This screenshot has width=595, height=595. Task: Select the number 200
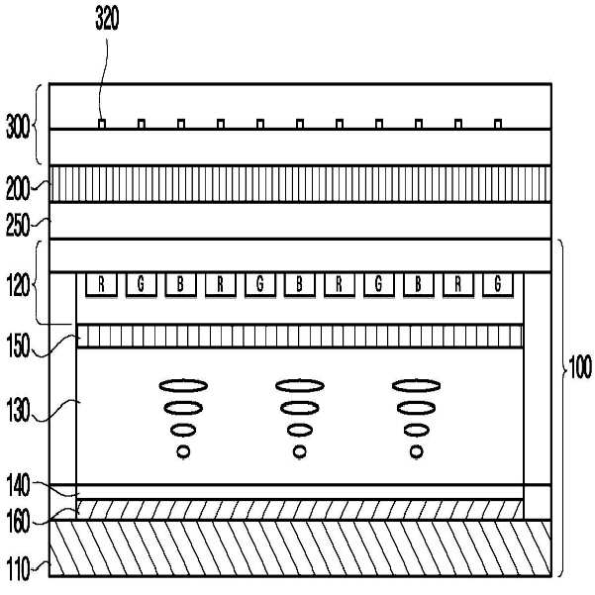click(x=17, y=183)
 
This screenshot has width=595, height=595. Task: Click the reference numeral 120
click(x=17, y=282)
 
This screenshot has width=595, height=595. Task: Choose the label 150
click(x=17, y=348)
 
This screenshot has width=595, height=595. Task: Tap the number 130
click(x=17, y=407)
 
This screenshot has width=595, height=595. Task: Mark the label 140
click(x=17, y=485)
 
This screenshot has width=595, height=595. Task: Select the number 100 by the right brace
click(x=580, y=368)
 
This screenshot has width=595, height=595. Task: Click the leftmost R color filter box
click(x=102, y=285)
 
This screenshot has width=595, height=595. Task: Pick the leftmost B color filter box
click(x=181, y=285)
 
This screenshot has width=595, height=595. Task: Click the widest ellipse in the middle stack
click(x=299, y=385)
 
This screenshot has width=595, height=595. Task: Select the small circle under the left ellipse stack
click(x=183, y=452)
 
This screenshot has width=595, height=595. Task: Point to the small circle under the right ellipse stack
click(x=417, y=452)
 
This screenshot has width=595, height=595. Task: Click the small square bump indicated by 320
click(x=102, y=124)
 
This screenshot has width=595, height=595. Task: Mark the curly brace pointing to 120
click(x=41, y=282)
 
